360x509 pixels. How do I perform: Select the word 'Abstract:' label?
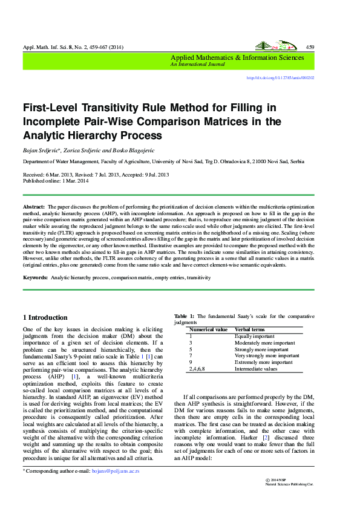(x=34, y=207)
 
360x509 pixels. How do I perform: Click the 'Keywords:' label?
(x=35, y=277)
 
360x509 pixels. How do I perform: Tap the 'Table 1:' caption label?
(x=184, y=316)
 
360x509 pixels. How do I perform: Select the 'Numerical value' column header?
(x=208, y=329)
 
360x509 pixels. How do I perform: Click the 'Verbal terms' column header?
(x=250, y=329)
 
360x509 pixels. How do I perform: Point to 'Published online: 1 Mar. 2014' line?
(x=56, y=181)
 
